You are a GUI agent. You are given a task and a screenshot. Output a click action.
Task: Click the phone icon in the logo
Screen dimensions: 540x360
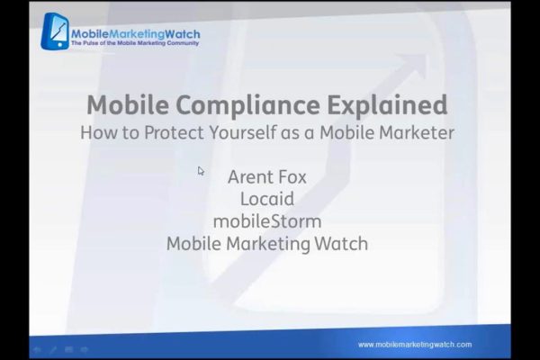click(x=55, y=31)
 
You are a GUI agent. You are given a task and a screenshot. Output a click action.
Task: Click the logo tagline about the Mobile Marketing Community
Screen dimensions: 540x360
click(x=135, y=43)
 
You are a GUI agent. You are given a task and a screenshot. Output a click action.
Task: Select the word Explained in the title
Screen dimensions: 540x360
click(x=387, y=104)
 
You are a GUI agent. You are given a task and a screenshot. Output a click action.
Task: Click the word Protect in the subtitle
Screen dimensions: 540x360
click(x=174, y=132)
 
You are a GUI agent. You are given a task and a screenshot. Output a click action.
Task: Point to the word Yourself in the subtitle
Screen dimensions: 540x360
click(x=243, y=132)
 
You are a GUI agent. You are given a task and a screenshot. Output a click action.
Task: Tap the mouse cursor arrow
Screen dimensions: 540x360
click(x=201, y=171)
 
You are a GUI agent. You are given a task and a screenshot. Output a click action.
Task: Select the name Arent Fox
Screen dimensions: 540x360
click(x=267, y=177)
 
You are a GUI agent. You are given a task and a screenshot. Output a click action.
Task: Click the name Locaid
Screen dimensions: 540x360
click(x=267, y=199)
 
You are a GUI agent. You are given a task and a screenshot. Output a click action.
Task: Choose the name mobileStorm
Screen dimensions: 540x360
click(x=267, y=221)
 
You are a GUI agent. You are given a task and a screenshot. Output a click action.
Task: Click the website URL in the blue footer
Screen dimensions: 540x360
click(x=415, y=345)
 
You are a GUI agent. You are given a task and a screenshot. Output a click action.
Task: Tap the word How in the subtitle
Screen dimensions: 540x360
click(x=99, y=132)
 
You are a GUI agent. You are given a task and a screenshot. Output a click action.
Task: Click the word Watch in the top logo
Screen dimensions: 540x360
click(x=183, y=34)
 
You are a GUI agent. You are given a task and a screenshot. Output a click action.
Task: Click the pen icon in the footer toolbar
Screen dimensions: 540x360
click(x=53, y=350)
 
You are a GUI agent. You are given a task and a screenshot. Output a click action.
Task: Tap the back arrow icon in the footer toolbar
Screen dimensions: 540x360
click(x=37, y=350)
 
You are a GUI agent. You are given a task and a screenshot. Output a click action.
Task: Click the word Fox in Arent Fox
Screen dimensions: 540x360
click(x=292, y=177)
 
